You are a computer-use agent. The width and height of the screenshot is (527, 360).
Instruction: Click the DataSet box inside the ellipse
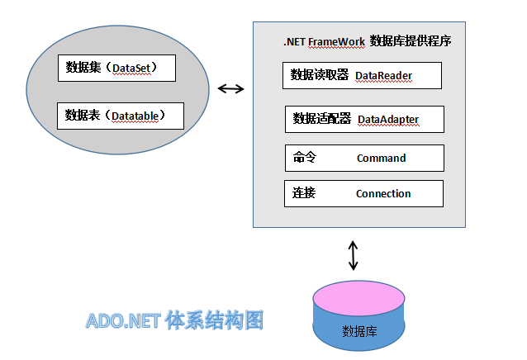(116, 69)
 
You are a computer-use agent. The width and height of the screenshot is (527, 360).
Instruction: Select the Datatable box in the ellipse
(121, 116)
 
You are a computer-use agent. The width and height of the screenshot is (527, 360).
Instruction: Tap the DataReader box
(362, 76)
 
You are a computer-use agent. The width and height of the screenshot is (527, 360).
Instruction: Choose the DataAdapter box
(364, 120)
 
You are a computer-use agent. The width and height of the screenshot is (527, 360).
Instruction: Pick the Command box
(364, 159)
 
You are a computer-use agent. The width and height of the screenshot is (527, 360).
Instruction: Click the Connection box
(363, 194)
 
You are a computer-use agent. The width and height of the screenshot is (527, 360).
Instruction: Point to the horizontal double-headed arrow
(231, 88)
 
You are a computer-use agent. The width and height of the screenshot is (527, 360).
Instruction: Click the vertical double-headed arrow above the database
(353, 255)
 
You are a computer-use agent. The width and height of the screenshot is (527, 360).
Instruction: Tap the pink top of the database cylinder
(358, 298)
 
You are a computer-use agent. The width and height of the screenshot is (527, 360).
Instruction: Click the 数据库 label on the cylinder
(359, 331)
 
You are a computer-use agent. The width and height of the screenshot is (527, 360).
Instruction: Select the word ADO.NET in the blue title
(123, 320)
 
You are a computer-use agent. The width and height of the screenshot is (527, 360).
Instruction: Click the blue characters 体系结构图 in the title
(215, 320)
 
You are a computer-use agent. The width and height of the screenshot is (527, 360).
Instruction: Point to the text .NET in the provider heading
(294, 42)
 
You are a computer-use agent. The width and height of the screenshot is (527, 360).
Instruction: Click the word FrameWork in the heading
(336, 42)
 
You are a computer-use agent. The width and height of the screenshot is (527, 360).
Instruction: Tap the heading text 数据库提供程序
(411, 41)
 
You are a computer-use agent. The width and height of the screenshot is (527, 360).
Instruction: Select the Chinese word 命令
(305, 157)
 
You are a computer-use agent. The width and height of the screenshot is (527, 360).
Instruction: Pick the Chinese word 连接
(304, 192)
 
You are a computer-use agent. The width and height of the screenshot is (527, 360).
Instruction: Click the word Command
(381, 159)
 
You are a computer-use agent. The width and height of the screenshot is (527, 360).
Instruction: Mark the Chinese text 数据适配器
(321, 119)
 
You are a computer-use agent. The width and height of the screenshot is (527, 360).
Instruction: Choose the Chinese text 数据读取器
(320, 74)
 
